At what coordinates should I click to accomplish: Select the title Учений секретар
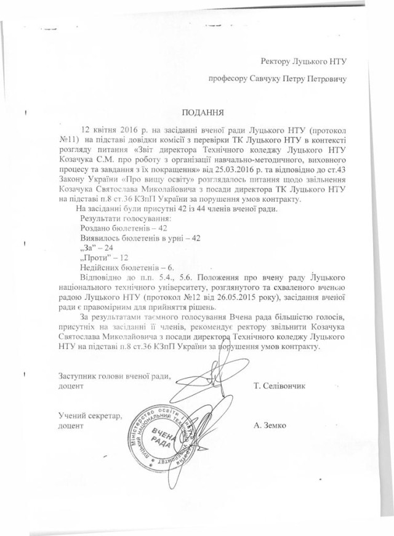point(90,416)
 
